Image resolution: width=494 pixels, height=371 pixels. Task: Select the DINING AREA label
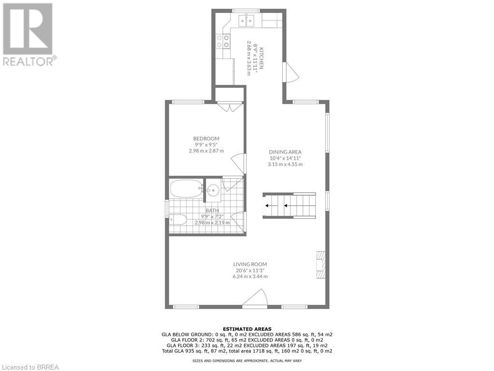tap(285, 152)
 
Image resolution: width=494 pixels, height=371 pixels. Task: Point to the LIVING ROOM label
tap(250, 264)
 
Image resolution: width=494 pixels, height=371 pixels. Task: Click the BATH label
tap(212, 210)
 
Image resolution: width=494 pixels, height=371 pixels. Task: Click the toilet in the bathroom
tap(178, 220)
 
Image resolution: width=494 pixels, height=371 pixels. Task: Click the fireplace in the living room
tap(320, 265)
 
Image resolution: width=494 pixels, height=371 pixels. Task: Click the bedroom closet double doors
tap(229, 107)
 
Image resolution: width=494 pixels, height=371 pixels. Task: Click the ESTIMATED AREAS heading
tap(247, 329)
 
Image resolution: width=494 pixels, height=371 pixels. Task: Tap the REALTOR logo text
tap(29, 61)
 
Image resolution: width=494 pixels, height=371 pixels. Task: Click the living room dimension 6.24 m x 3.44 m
tap(250, 276)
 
